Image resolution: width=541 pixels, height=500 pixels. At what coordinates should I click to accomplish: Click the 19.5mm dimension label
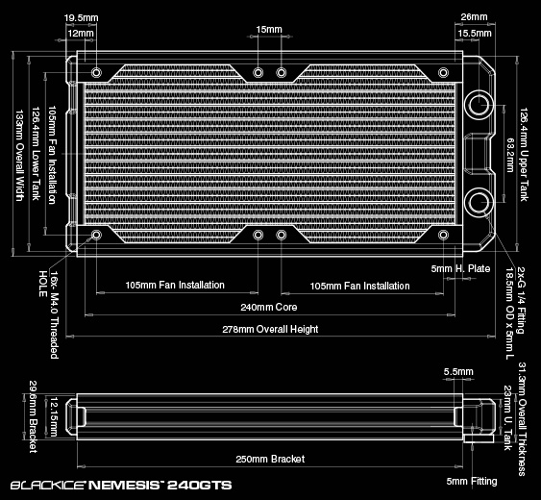81,18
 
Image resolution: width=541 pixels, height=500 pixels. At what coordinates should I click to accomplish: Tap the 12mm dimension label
81,33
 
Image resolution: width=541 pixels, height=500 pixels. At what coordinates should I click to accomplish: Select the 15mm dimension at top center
269,30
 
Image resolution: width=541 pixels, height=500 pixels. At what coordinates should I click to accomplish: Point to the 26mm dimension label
475,17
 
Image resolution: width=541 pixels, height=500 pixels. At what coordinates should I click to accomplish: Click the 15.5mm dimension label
475,33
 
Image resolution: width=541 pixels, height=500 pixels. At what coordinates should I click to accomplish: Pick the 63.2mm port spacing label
510,155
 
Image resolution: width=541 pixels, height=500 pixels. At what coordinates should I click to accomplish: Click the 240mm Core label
269,307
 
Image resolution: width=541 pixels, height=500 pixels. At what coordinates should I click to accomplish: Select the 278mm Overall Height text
270,329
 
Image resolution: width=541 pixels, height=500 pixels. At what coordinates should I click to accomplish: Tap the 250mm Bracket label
270,459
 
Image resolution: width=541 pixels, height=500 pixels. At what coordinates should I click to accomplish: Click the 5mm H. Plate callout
460,268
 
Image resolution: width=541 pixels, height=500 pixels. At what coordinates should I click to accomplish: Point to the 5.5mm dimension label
458,371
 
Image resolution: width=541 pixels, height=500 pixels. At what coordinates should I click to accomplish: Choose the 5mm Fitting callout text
472,482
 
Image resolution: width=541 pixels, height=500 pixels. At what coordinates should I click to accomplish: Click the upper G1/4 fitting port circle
479,104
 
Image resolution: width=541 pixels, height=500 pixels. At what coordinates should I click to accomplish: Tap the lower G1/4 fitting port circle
479,201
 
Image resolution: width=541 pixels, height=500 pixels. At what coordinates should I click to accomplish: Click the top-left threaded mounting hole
97,72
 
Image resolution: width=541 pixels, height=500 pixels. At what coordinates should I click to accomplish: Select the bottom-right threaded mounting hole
443,236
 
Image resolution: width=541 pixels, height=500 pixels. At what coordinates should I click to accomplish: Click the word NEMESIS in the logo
124,486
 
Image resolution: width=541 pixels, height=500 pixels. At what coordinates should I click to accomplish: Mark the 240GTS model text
200,486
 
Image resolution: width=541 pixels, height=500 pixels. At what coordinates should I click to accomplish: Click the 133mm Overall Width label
19,156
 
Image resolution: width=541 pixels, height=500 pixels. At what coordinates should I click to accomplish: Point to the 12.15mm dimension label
54,416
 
